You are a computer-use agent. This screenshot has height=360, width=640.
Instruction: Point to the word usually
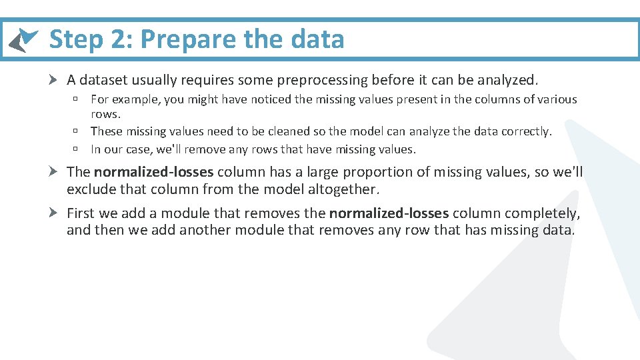(x=151, y=80)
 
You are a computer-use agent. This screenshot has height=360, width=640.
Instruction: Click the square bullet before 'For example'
(x=77, y=99)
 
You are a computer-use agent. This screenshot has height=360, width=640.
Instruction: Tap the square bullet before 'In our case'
(x=77, y=149)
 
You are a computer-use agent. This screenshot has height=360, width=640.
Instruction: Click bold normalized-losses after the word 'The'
(x=153, y=172)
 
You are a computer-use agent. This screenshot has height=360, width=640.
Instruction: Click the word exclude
(x=89, y=189)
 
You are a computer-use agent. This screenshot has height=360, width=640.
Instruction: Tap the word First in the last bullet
(x=81, y=213)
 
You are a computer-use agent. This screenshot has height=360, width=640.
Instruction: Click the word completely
(x=539, y=213)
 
